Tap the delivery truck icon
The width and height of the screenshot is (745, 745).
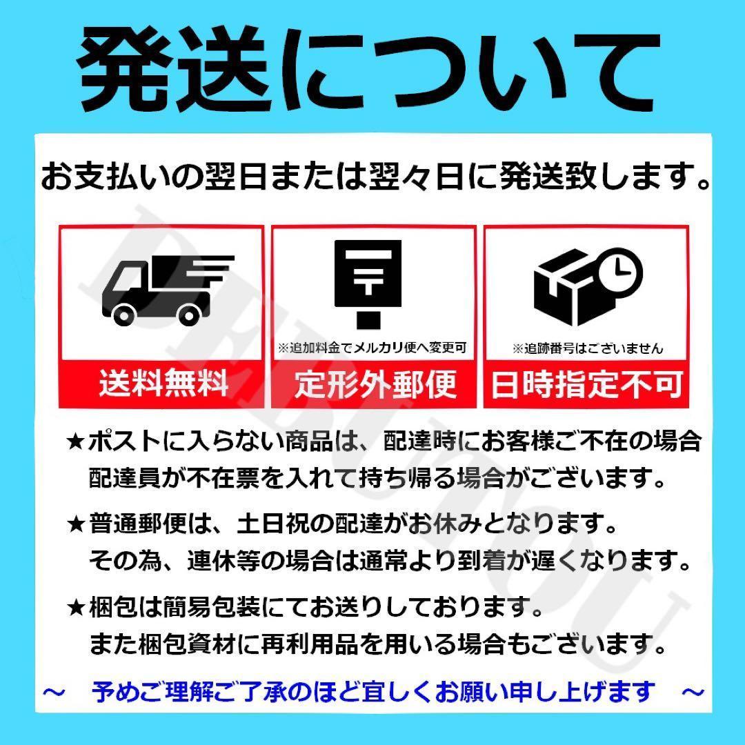click(168, 290)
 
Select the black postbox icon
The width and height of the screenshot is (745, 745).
click(368, 284)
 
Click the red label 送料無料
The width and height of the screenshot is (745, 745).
click(163, 384)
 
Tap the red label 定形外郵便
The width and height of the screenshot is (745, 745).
click(375, 384)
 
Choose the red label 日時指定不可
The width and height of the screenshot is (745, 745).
click(587, 384)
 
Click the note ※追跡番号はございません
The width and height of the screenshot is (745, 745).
click(588, 348)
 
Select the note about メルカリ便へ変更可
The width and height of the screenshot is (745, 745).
click(372, 348)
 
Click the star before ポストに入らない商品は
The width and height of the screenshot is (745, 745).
click(75, 442)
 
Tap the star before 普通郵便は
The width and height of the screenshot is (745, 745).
click(75, 524)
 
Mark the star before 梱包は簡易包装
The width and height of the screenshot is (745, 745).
click(75, 608)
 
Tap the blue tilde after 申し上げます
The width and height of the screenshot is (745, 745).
click(693, 692)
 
